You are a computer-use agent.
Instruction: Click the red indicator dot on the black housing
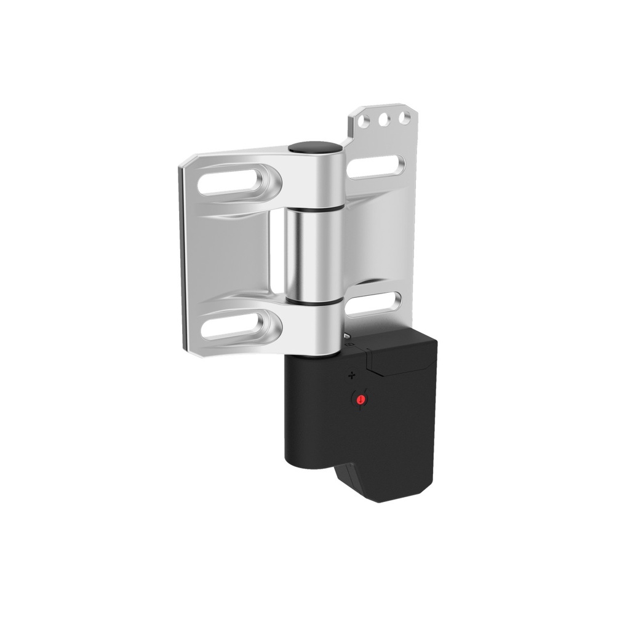tap(361, 401)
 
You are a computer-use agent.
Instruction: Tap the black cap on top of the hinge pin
tap(315, 148)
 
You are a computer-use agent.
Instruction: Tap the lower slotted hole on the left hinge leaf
tap(237, 325)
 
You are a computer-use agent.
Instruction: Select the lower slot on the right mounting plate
tap(373, 303)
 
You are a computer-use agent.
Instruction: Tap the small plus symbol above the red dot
tap(352, 374)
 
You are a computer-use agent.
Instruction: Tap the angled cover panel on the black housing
tap(400, 360)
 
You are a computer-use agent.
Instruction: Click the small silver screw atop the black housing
tap(348, 336)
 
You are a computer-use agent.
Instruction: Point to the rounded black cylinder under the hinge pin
tap(308, 418)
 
